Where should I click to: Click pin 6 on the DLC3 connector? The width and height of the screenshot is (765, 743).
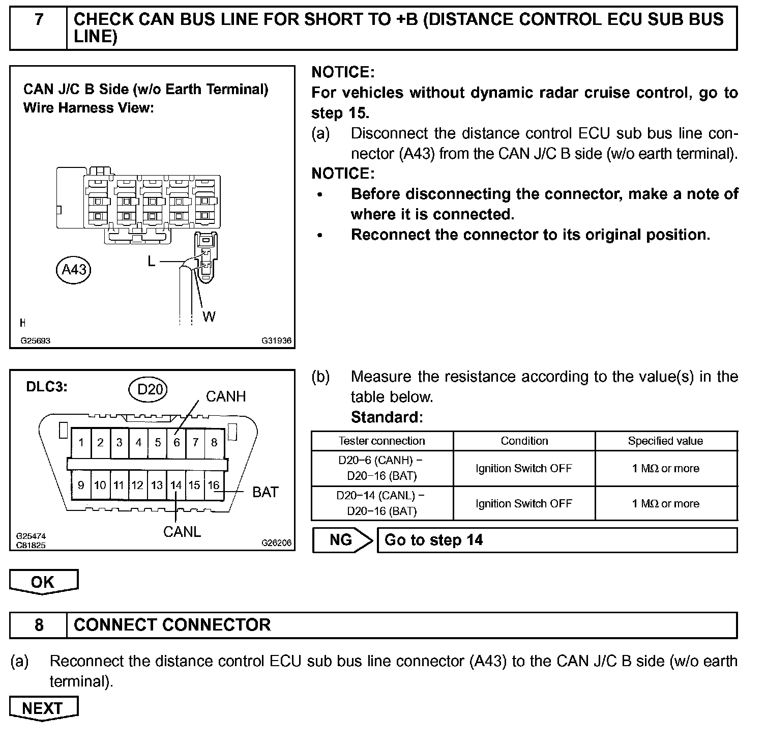pos(176,442)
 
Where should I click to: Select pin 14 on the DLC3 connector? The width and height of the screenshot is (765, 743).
pos(176,485)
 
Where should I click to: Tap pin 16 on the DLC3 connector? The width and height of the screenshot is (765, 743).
pos(214,485)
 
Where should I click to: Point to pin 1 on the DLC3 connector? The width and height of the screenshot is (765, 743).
pos(81,442)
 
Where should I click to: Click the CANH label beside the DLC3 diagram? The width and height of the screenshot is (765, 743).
pos(226,396)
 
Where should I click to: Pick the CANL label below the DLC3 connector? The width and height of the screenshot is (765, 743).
pos(182,532)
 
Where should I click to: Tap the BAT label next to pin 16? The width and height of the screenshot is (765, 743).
pos(266,492)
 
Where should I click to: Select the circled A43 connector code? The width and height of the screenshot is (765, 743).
pos(74,269)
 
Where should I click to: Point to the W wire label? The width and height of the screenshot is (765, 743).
pos(209,317)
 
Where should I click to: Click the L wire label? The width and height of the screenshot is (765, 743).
pos(152,262)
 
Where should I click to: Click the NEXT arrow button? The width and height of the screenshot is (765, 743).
pos(43,708)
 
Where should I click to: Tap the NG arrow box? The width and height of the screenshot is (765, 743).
pos(342,540)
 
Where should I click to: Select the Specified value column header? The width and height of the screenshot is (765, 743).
pos(665,441)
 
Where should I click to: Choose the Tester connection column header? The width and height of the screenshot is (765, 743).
pos(381,441)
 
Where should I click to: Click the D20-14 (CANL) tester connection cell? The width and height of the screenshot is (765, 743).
pos(381,503)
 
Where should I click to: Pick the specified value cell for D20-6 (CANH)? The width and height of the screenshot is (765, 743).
pos(665,468)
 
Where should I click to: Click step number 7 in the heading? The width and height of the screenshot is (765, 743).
pos(39,20)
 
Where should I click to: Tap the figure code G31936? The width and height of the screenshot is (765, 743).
pos(277,341)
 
